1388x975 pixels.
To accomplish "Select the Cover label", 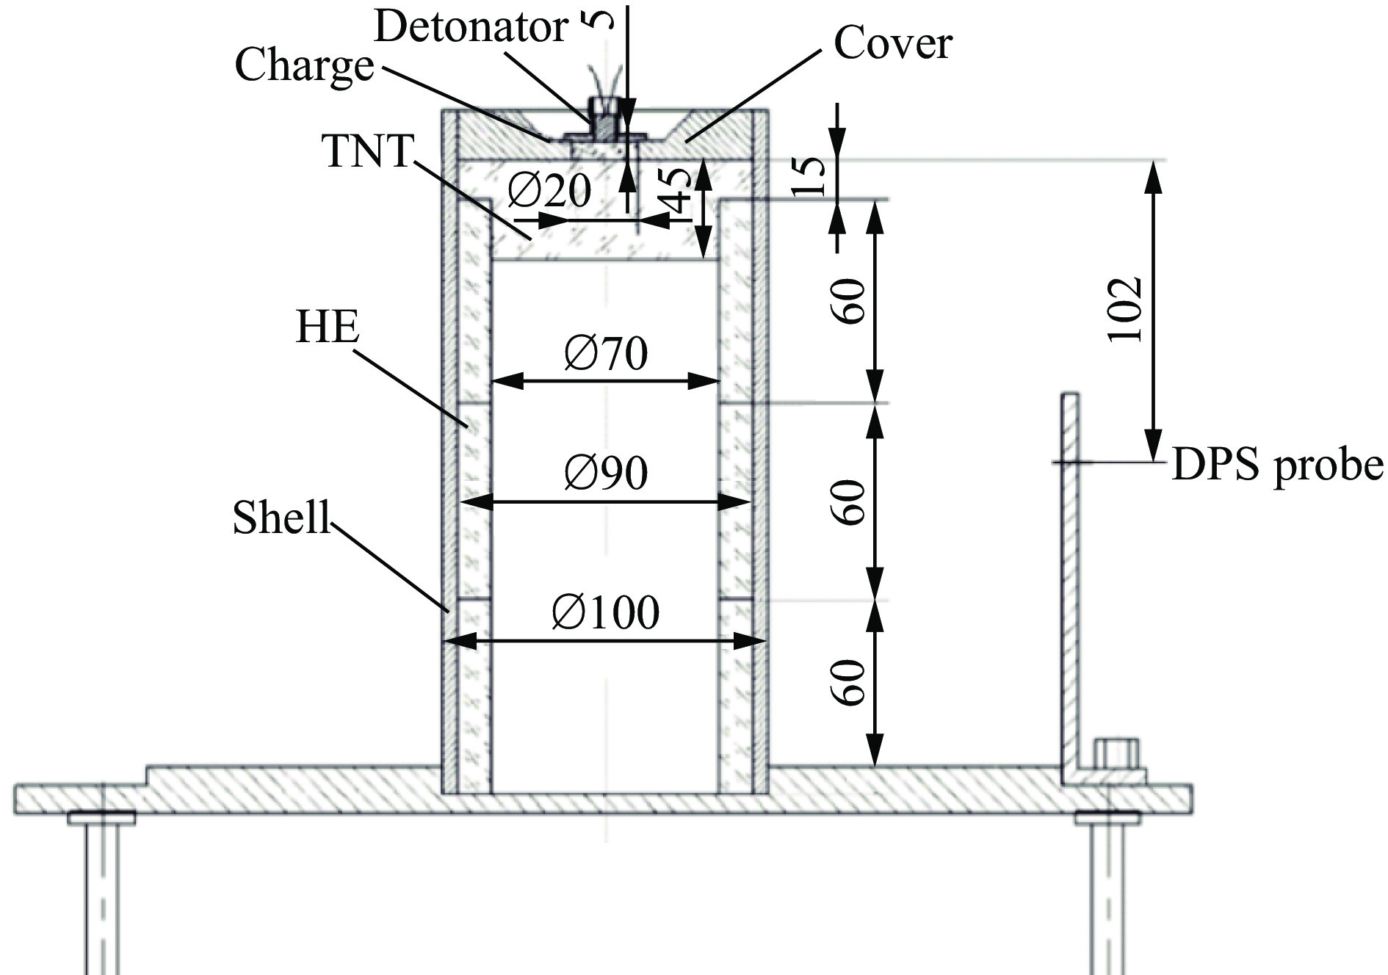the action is (x=892, y=44).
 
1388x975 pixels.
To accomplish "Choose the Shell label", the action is (x=282, y=518).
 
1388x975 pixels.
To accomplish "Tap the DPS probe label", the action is (x=1278, y=466).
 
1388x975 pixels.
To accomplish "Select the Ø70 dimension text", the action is (x=606, y=354).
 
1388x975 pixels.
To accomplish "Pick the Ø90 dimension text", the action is (x=606, y=474).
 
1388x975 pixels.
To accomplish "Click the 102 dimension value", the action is (x=1124, y=309).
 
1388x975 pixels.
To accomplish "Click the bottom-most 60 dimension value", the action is (x=851, y=683).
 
